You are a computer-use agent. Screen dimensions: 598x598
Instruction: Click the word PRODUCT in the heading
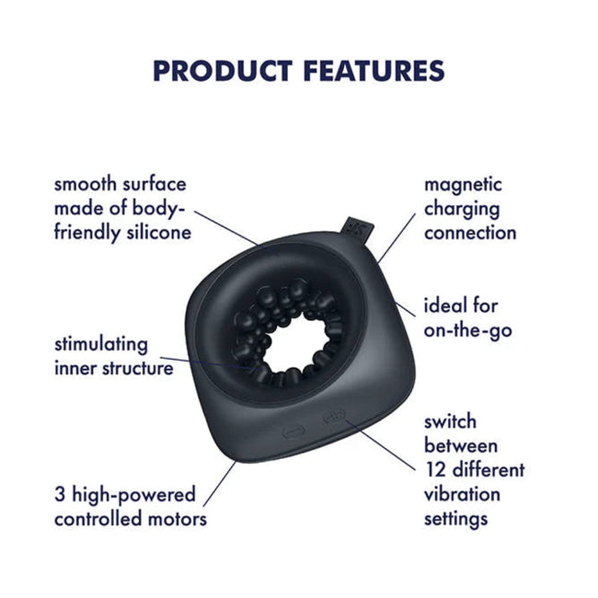point(223,71)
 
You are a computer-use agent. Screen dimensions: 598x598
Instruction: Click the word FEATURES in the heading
point(374,71)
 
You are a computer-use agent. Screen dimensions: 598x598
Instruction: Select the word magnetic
point(463,185)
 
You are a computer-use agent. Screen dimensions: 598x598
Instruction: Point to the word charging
point(462,210)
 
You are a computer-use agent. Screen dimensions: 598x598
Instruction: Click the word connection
point(470,233)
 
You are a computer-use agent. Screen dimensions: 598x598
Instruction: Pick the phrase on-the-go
point(467,330)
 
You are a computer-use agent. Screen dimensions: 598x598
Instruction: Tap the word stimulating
point(101,345)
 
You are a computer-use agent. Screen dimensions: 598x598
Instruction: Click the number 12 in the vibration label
point(435,470)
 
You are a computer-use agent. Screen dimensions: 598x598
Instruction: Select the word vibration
point(462,494)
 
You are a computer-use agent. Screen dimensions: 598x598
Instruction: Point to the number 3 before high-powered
point(60,495)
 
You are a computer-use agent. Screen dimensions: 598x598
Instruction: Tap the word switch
point(450,421)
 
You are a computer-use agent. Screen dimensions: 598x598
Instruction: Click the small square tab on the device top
point(359,230)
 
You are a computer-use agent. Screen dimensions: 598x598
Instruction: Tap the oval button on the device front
point(293,432)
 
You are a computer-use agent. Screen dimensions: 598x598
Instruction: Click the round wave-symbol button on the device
point(335,416)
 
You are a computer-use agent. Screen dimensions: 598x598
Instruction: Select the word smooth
point(85,184)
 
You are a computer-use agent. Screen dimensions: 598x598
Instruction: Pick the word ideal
point(443,305)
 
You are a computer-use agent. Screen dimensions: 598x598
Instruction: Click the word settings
point(455,520)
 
